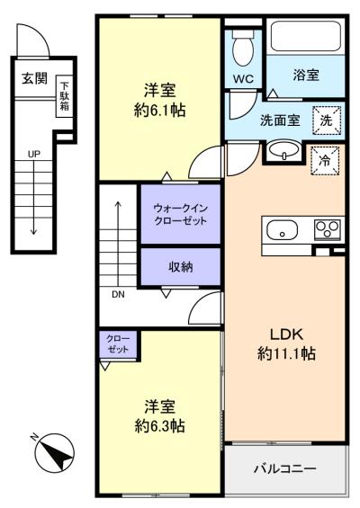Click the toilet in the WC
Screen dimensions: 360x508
[x=243, y=48]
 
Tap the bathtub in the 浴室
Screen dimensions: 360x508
[x=305, y=36]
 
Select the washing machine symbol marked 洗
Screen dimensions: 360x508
[x=327, y=120]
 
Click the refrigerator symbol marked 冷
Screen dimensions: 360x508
[x=325, y=161]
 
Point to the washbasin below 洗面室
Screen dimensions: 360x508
[x=284, y=151]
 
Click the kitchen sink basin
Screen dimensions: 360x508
[x=283, y=230]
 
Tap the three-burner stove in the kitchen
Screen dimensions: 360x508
[x=328, y=229]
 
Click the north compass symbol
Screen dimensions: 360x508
[x=54, y=452]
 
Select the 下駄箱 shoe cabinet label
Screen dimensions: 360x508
[x=65, y=96]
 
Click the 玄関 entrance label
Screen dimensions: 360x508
[x=35, y=78]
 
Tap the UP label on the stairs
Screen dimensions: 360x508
[x=34, y=155]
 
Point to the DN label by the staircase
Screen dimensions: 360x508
[x=118, y=295]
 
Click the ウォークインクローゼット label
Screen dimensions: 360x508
[x=180, y=215]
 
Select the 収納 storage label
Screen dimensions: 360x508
[x=181, y=267]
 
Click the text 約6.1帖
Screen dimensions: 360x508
[x=160, y=111]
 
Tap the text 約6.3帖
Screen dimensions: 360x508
[x=160, y=425]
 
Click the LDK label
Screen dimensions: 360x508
[x=287, y=334]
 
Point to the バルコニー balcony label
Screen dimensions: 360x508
[x=285, y=468]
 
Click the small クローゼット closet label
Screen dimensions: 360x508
[x=118, y=344]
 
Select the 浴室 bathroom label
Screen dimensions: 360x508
[x=306, y=75]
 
